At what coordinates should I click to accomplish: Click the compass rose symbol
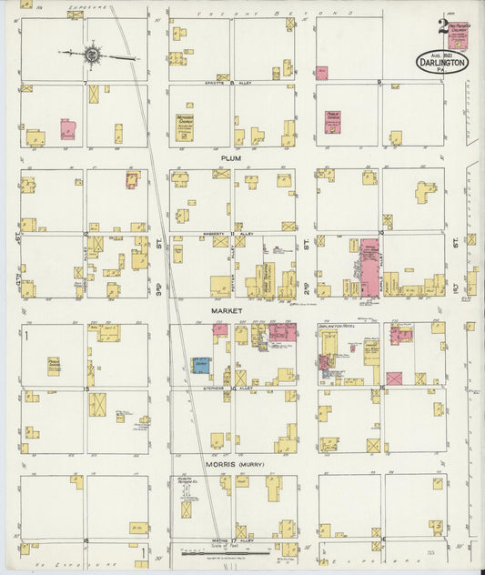(92, 55)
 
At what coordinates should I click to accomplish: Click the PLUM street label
(227, 157)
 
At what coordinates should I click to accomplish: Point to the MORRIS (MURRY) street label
(234, 464)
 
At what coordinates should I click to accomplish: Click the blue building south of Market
(199, 365)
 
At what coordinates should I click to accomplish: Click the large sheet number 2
(441, 26)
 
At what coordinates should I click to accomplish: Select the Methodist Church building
(185, 128)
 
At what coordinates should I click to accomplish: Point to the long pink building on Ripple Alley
(369, 268)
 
